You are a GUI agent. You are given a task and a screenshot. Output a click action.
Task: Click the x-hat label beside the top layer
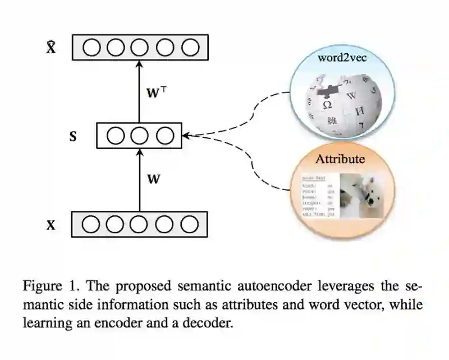point(51,48)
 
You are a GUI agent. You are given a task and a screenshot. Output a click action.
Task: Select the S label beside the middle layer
point(73,136)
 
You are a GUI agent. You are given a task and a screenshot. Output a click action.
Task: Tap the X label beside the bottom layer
point(51,225)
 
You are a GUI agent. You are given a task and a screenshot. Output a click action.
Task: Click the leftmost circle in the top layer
point(91,48)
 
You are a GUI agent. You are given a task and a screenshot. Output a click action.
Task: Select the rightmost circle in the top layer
point(189,48)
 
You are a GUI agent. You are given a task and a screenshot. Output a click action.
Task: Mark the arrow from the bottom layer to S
point(140,179)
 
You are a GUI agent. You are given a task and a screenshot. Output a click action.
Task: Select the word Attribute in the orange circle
point(340,159)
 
